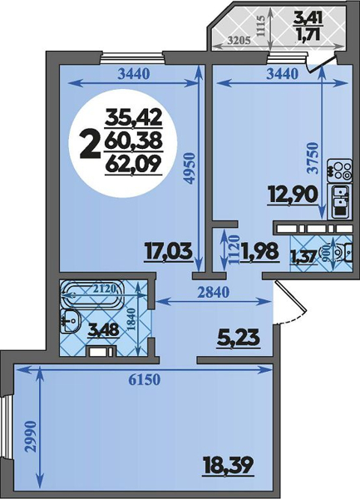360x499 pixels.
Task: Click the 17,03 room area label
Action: point(169,251)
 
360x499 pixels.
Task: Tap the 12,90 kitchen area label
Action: point(293,195)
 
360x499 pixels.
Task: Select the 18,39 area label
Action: point(228,466)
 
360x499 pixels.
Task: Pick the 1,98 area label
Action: point(261,253)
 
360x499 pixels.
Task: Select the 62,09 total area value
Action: point(133,166)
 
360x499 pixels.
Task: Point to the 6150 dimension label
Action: point(143,380)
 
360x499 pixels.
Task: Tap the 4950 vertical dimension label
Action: point(190,168)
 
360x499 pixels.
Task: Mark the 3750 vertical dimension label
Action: point(314,158)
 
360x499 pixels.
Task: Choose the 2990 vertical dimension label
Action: point(31,437)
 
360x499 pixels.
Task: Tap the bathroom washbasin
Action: point(71,321)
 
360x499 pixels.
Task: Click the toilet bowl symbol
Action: point(343,253)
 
